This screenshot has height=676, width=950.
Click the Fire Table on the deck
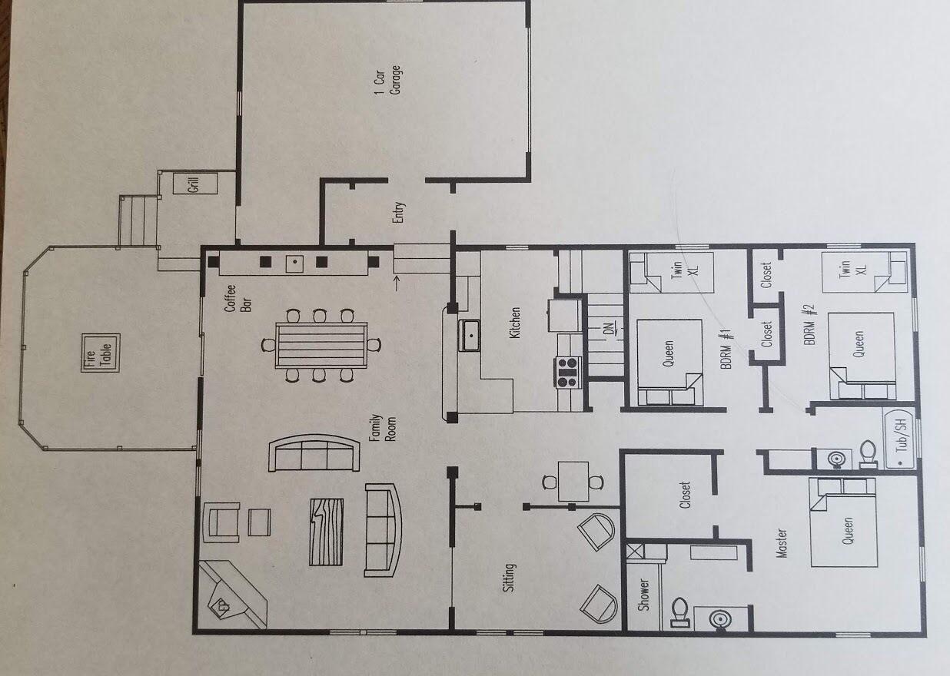coord(101,353)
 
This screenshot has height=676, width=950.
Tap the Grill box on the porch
coord(195,184)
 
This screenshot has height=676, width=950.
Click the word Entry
coord(399,212)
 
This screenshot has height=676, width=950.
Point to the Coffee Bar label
coord(238,298)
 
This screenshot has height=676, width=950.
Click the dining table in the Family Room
coord(321,346)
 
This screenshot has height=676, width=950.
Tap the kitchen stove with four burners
coord(567,373)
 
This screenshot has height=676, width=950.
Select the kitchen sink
coord(470,336)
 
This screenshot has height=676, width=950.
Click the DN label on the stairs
coord(609,330)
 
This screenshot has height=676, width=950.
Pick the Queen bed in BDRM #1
coord(669,363)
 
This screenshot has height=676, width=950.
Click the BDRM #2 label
coord(809,325)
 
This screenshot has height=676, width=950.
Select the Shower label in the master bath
coord(644,595)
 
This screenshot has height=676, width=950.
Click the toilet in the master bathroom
coord(680,612)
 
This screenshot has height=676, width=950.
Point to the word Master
coord(781,543)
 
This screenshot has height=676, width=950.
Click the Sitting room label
coord(509,577)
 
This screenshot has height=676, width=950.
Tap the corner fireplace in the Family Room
coord(231,595)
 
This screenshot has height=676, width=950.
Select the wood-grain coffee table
coord(327,532)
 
